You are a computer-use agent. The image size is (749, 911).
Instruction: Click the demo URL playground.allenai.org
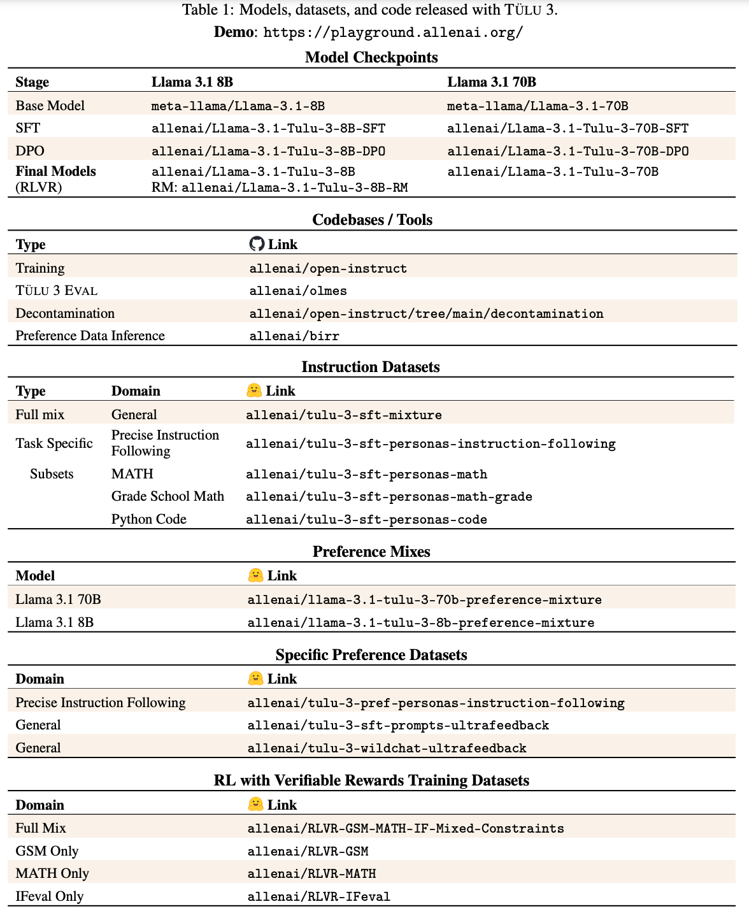pyautogui.click(x=393, y=32)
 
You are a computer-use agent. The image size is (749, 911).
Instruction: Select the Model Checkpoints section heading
pyautogui.click(x=371, y=57)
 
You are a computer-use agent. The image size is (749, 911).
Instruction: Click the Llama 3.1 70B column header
pyautogui.click(x=492, y=82)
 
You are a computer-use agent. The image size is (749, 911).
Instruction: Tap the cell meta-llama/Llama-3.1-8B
pyautogui.click(x=238, y=106)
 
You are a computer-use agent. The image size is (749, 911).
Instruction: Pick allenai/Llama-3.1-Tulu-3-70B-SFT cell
pyautogui.click(x=567, y=129)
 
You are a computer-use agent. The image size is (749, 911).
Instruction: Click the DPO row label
pyautogui.click(x=30, y=151)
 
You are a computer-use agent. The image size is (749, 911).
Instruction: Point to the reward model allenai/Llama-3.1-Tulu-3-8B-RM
pyautogui.click(x=294, y=187)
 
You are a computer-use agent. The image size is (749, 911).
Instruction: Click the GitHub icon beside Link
pyautogui.click(x=257, y=244)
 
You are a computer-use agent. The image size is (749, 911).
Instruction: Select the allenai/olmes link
pyautogui.click(x=298, y=291)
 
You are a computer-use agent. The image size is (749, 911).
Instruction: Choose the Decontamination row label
pyautogui.click(x=65, y=313)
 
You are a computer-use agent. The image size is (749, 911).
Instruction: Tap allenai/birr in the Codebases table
pyautogui.click(x=294, y=336)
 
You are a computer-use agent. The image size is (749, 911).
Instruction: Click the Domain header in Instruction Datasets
pyautogui.click(x=136, y=391)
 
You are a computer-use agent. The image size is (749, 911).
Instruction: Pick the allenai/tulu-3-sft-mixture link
pyautogui.click(x=344, y=415)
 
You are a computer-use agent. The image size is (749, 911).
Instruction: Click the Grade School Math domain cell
pyautogui.click(x=168, y=496)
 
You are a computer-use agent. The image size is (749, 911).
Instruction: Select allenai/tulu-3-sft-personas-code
pyautogui.click(x=366, y=520)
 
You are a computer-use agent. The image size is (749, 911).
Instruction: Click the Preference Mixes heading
pyautogui.click(x=371, y=552)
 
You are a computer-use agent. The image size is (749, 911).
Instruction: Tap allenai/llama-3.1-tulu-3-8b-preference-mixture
pyautogui.click(x=421, y=622)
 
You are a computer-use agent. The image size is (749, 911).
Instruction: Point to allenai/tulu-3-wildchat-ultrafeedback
pyautogui.click(x=387, y=748)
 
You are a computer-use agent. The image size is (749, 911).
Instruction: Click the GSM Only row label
pyautogui.click(x=47, y=851)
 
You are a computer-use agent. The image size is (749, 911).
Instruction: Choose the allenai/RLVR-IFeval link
pyautogui.click(x=318, y=896)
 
